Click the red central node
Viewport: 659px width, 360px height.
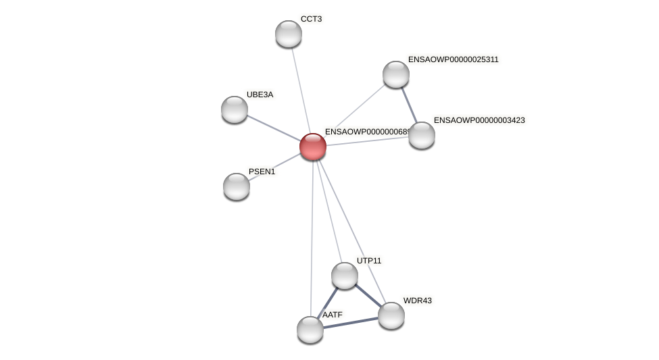point(313,147)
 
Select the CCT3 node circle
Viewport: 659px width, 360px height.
point(289,34)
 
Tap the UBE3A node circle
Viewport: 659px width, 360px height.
point(235,109)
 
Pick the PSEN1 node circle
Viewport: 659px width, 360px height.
point(237,186)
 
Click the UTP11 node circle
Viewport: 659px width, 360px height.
point(345,276)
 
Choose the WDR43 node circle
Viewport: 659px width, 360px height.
point(391,315)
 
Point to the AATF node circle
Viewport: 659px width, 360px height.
point(310,330)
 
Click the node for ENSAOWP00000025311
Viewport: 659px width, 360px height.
point(396,74)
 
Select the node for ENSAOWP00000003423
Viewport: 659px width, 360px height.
point(422,135)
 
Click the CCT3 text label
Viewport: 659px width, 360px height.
point(311,19)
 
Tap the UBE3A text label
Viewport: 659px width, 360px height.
point(260,95)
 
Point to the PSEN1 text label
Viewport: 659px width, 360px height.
point(262,172)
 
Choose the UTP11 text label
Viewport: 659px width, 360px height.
point(369,261)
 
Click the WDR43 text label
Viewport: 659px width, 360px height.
point(417,301)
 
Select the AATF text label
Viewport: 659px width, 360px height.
point(332,315)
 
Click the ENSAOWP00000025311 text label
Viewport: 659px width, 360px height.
point(453,59)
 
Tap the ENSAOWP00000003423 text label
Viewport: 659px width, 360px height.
point(479,120)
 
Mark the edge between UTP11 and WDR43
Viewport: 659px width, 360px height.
point(368,295)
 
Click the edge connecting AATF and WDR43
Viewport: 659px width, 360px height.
point(351,323)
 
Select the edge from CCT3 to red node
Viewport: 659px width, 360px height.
point(301,90)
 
